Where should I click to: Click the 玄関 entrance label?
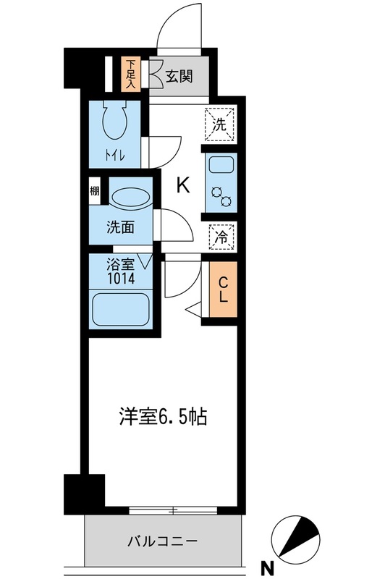(x=178, y=75)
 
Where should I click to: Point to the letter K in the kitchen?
(x=184, y=186)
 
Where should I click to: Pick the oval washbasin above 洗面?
(x=130, y=198)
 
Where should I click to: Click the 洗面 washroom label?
(x=122, y=227)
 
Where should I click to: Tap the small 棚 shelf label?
(x=95, y=192)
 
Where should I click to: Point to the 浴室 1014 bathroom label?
(x=121, y=270)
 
